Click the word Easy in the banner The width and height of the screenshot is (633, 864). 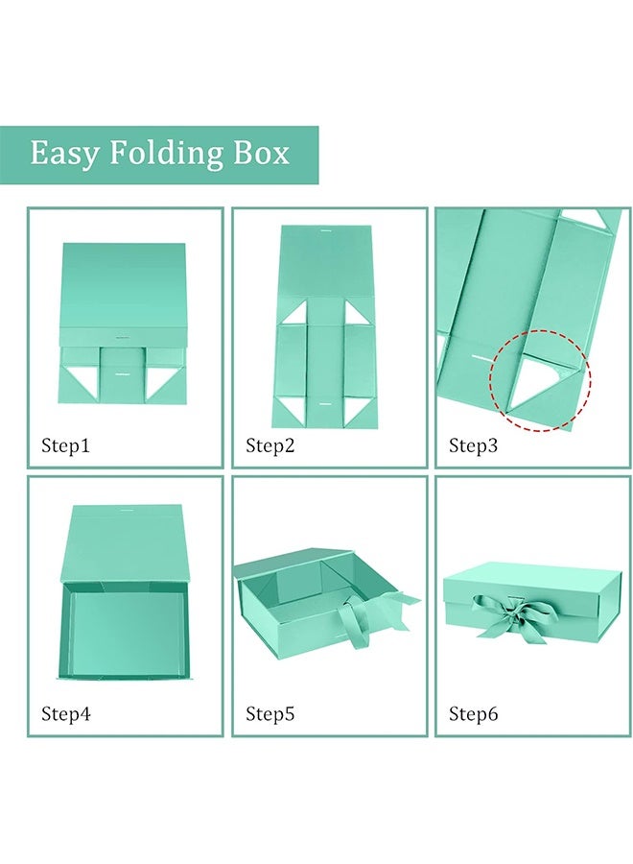[x=62, y=153]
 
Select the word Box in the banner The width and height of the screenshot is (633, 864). [x=261, y=153]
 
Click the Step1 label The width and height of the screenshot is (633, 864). [x=65, y=445]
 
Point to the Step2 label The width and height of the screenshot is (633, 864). [x=270, y=445]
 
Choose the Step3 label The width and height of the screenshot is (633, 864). [x=473, y=445]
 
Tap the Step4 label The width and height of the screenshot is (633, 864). [x=65, y=713]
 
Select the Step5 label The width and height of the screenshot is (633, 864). [x=270, y=713]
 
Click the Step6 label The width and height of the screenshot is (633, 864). [x=473, y=713]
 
